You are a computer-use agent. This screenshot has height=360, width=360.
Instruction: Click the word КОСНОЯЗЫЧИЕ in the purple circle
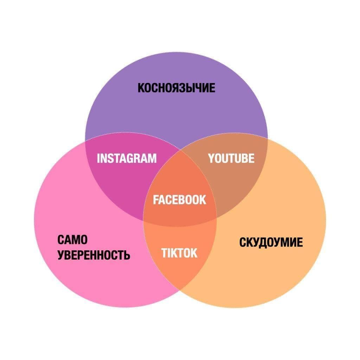pyautogui.click(x=176, y=88)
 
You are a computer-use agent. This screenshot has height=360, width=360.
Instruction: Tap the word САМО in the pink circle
pyautogui.click(x=72, y=240)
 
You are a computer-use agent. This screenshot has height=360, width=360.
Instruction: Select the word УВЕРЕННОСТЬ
pyautogui.click(x=94, y=255)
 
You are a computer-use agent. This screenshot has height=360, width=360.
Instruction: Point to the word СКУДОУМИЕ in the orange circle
pyautogui.click(x=271, y=243)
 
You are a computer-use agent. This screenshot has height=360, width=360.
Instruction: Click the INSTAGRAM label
pyautogui.click(x=127, y=159)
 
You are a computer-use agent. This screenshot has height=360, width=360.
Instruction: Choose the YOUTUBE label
pyautogui.click(x=231, y=159)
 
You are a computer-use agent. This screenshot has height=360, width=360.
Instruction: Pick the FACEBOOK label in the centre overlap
pyautogui.click(x=180, y=200)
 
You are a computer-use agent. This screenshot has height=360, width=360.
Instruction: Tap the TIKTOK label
pyautogui.click(x=180, y=253)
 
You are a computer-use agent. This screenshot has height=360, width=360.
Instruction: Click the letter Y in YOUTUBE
pyautogui.click(x=211, y=159)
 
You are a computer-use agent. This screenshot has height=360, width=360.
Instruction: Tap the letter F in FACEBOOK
pyautogui.click(x=156, y=200)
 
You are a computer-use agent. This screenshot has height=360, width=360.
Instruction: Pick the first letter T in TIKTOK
pyautogui.click(x=165, y=253)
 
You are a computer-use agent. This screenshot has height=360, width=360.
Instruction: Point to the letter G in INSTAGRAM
pyautogui.click(x=134, y=159)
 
